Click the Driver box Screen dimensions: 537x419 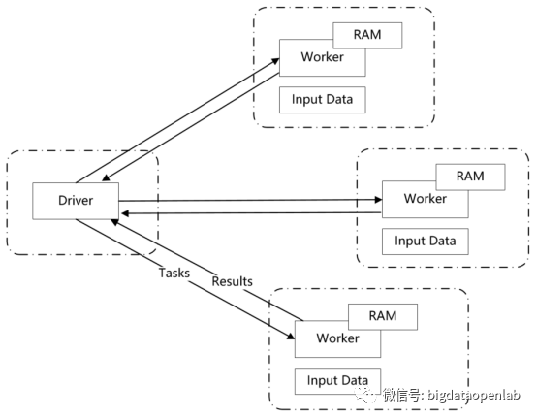click(76, 201)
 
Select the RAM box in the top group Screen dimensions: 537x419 click(367, 35)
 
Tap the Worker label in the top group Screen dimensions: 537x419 click(322, 57)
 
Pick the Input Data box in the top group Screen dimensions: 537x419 click(322, 100)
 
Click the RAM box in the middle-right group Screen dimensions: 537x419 click(470, 177)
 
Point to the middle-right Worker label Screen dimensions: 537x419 click(425, 199)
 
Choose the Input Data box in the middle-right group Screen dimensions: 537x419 click(425, 242)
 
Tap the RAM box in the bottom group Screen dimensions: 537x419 click(383, 316)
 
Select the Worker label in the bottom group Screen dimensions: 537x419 click(337, 338)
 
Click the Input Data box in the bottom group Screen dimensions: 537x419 click(337, 381)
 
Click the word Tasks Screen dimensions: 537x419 click(174, 274)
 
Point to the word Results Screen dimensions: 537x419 click(233, 281)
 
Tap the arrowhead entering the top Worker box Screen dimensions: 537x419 click(275, 61)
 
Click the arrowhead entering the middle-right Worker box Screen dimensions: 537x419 click(378, 200)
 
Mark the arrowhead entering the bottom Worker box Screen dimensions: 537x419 click(291, 336)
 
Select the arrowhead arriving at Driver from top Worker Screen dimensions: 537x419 click(106, 177)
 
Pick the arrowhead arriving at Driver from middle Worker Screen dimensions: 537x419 click(125, 213)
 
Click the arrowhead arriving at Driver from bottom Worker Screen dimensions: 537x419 click(114, 222)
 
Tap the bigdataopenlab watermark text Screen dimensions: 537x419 click(474, 395)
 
